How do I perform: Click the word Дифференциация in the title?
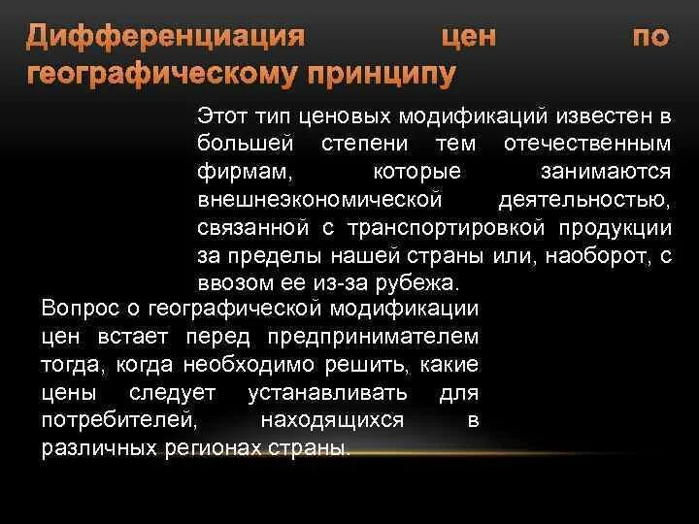point(165,39)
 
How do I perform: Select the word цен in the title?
point(470,39)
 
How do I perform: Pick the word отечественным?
point(588,145)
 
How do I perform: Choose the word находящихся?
point(332,421)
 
